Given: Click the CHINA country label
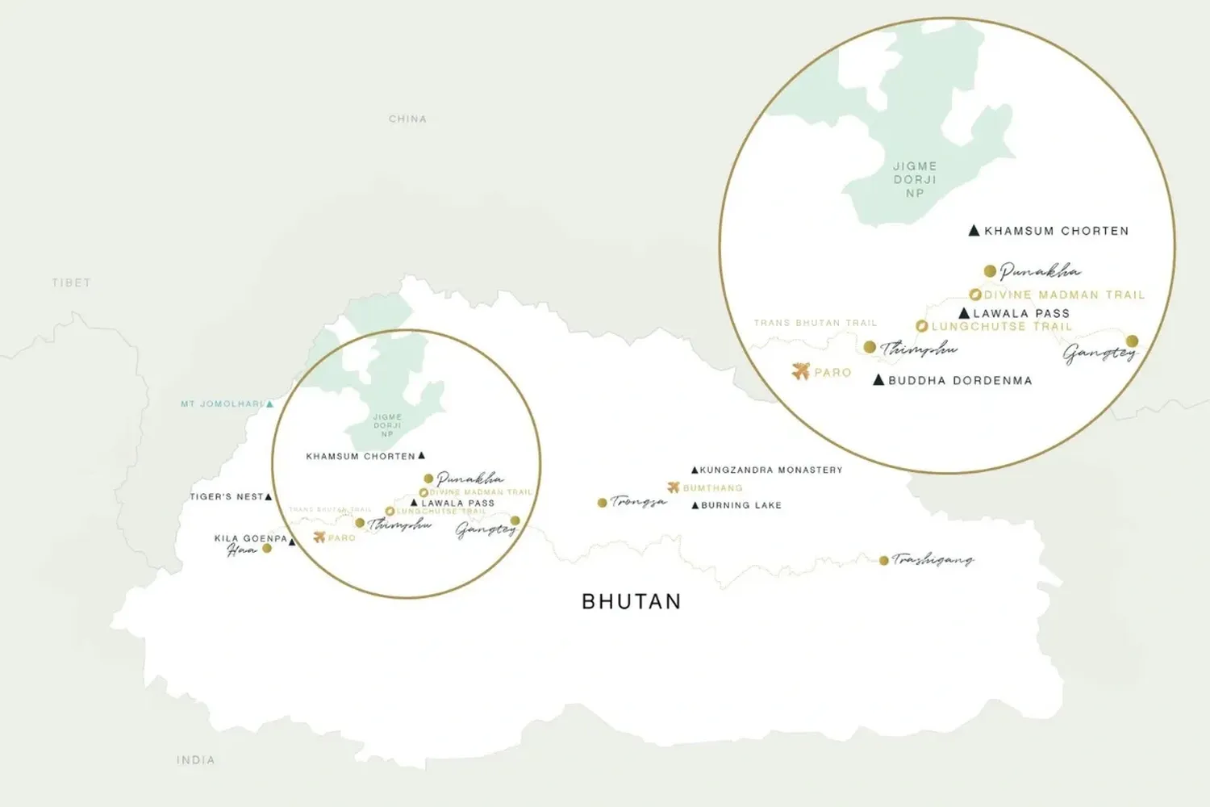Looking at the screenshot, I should (407, 119).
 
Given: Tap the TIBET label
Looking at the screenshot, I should (71, 282).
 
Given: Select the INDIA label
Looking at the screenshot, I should (196, 759).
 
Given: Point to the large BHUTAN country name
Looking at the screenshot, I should (632, 601).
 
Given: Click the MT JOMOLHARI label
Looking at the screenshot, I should (222, 403).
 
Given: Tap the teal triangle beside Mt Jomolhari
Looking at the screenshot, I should (269, 403).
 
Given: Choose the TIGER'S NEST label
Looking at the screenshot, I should (226, 496).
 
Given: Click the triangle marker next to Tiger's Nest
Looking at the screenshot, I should (269, 496).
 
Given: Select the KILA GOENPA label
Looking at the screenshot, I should (250, 538).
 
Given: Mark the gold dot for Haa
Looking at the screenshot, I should (267, 549).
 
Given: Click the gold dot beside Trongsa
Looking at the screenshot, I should (602, 503).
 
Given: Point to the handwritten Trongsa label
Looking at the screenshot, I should (638, 501).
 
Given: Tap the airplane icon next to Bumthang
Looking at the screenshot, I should (674, 487).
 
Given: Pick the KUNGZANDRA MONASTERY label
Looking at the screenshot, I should (771, 470).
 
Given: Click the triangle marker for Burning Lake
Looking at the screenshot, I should (695, 505).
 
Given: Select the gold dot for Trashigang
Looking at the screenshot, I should (884, 560).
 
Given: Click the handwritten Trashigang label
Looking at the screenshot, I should (933, 559).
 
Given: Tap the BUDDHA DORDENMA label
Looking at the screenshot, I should (960, 380).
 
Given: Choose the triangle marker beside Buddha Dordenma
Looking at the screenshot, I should (878, 379).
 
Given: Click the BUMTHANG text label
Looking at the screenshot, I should (712, 487).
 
